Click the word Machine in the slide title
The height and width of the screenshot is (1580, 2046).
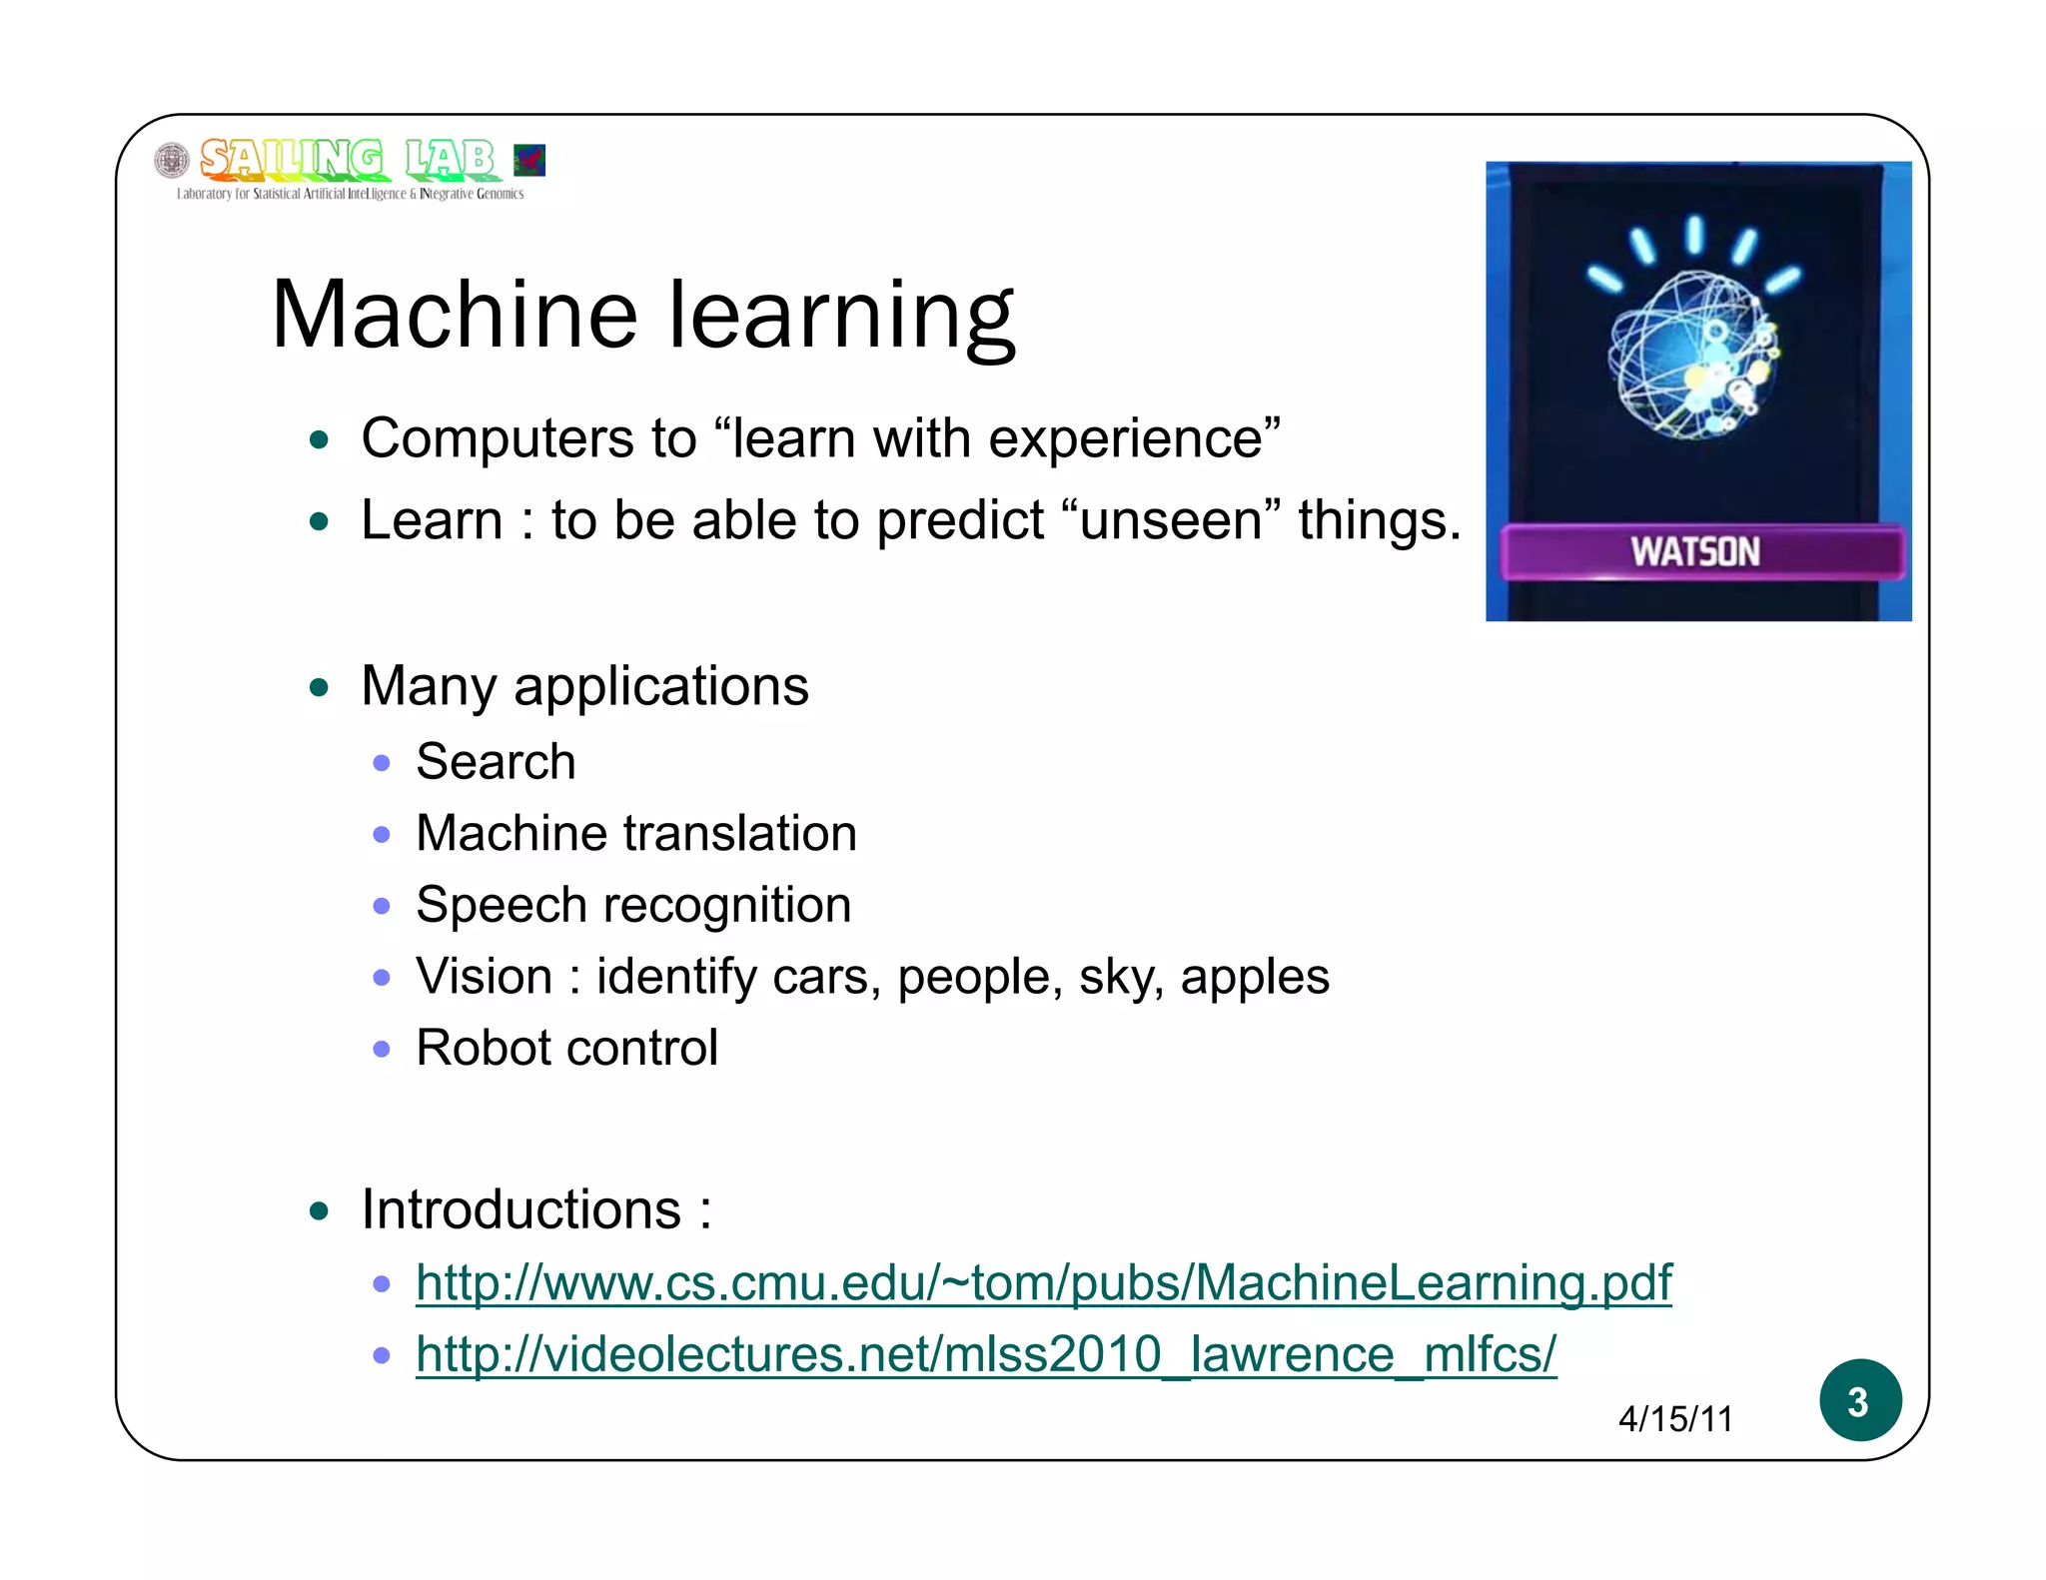(454, 316)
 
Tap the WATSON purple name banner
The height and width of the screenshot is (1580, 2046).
(1701, 551)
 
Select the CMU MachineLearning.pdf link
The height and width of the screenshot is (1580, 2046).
(1043, 1282)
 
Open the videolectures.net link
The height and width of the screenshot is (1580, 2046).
(985, 1354)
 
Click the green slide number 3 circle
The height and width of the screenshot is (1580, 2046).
(1859, 1400)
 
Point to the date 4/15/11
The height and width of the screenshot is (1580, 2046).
(1675, 1419)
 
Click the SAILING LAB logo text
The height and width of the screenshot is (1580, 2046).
(346, 160)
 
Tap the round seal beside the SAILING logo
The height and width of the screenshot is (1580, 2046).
(172, 160)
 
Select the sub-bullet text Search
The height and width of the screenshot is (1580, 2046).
(496, 762)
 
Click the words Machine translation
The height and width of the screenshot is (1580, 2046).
(635, 834)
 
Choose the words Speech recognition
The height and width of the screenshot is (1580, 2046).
(633, 906)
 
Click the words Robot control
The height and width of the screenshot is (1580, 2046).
(566, 1049)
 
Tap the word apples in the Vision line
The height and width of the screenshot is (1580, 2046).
(1254, 978)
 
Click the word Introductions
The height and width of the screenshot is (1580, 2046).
(520, 1210)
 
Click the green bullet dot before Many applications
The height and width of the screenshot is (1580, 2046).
(319, 687)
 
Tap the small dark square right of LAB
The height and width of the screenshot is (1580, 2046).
(529, 160)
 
